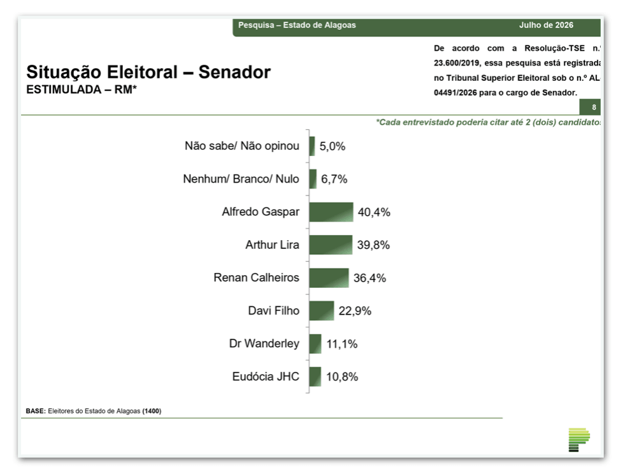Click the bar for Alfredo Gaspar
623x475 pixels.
coord(331,212)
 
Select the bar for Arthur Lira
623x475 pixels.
coord(331,245)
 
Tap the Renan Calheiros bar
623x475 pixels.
coord(329,278)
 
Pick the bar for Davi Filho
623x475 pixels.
coord(322,311)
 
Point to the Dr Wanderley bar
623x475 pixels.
coord(315,344)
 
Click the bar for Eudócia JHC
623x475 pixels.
coord(315,376)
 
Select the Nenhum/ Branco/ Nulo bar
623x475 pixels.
coord(313,179)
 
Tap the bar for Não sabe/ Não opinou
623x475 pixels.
coord(312,146)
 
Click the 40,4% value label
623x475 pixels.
coord(374,212)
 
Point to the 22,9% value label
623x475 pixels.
coord(355,311)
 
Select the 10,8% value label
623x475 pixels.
coord(342,376)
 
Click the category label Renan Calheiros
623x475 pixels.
coord(256,277)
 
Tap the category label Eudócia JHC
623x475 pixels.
coord(266,376)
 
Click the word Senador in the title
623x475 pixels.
coord(234,72)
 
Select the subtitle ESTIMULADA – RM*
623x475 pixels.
coord(82,89)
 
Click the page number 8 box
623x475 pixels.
coord(590,107)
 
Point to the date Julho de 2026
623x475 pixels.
coord(546,25)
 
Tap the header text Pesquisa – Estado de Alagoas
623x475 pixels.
coord(297,25)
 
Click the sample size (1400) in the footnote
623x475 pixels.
coord(152,411)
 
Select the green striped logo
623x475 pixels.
coord(579,439)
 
